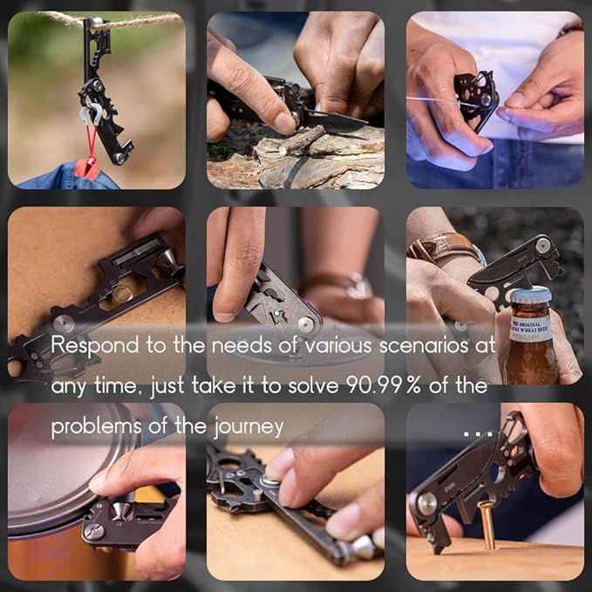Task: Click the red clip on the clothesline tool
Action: tap(88, 166)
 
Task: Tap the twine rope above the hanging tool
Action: tap(52, 17)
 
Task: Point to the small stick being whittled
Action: tap(302, 140)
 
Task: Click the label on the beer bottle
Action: tap(528, 332)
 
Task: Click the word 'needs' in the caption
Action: tap(218, 345)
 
